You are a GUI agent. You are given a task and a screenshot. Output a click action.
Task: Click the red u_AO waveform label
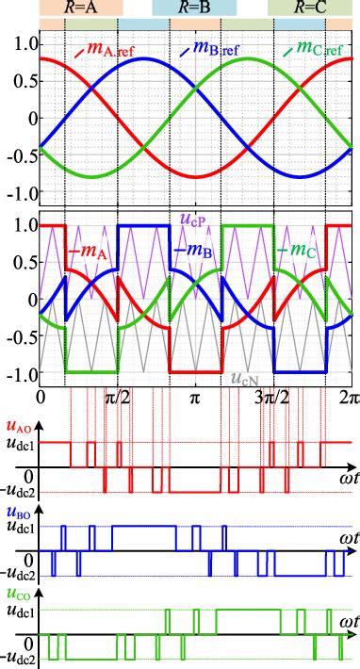pos(17,426)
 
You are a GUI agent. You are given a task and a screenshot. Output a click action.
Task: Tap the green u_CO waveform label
pos(17,596)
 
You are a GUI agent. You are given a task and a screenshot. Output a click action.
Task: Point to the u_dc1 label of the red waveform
pos(20,443)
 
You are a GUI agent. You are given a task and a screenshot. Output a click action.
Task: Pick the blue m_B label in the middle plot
pos(194,251)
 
